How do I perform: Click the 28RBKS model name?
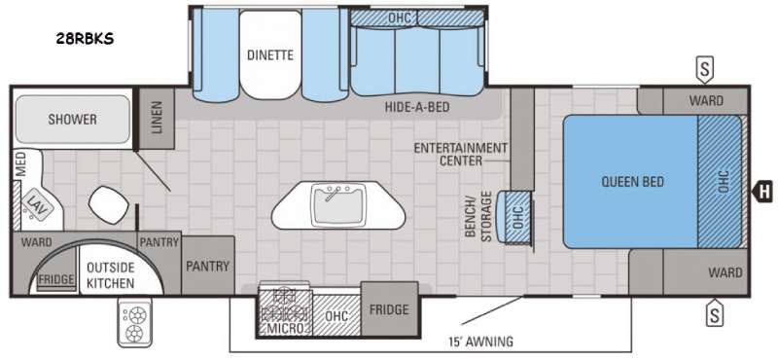(x=85, y=39)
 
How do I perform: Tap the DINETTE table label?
(x=270, y=54)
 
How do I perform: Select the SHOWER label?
(x=72, y=119)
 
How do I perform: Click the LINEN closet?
(x=157, y=118)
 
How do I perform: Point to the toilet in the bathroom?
(x=109, y=203)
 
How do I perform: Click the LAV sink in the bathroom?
(x=36, y=203)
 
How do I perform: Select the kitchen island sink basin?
(x=338, y=203)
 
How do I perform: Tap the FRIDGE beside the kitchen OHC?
(x=389, y=308)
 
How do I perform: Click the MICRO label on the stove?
(x=285, y=328)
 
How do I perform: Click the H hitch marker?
(x=764, y=192)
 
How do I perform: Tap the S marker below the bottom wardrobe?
(x=715, y=313)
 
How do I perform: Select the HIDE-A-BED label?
(x=417, y=107)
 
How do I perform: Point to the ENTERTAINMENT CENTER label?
(x=461, y=154)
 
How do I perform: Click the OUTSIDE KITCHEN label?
(x=110, y=275)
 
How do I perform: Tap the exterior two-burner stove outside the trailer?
(x=134, y=323)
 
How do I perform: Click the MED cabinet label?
(x=20, y=164)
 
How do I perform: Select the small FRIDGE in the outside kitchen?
(x=56, y=279)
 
